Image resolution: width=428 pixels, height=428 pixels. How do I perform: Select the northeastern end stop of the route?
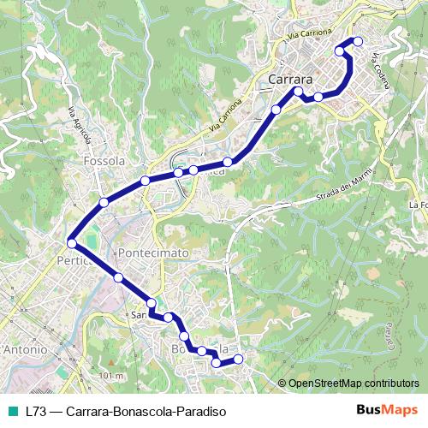coord(358,42)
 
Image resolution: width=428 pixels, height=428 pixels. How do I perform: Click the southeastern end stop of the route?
coord(238,360)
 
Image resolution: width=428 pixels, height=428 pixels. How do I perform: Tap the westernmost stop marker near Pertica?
coord(71,242)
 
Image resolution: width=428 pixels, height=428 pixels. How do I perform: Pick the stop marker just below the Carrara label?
coord(298,91)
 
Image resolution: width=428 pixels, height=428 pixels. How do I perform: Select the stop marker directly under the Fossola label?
coord(146,181)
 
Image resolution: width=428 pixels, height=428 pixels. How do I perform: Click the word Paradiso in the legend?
coord(199,411)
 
